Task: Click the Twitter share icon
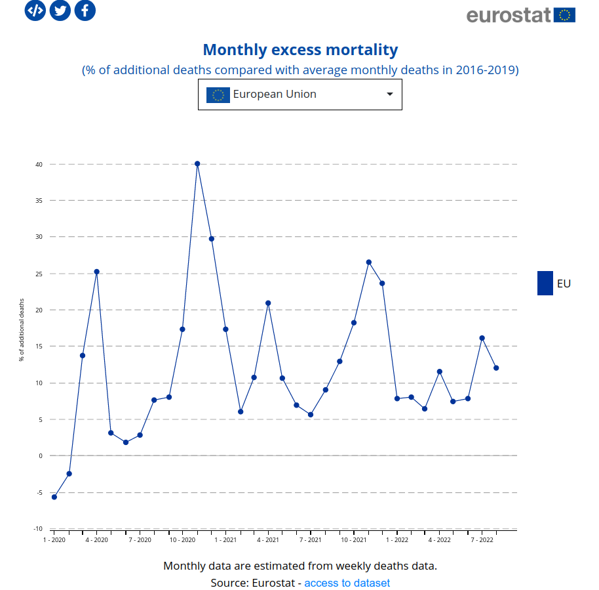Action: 60,10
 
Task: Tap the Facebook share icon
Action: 85,10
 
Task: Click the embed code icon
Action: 35,10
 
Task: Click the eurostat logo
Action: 520,15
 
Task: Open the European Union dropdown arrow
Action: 390,95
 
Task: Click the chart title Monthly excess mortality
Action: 300,50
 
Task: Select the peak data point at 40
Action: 197,164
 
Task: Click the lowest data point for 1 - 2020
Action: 54,497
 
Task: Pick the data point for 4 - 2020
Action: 97,272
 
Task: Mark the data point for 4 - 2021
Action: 268,303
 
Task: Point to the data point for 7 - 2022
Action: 482,338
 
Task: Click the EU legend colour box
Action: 545,284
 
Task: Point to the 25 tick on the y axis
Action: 39,274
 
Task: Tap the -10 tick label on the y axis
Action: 38,529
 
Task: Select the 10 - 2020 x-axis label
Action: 183,540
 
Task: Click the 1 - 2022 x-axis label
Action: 397,540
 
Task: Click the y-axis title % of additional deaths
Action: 22,330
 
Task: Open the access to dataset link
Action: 347,583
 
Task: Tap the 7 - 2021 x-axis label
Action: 311,540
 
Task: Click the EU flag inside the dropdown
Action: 218,95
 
